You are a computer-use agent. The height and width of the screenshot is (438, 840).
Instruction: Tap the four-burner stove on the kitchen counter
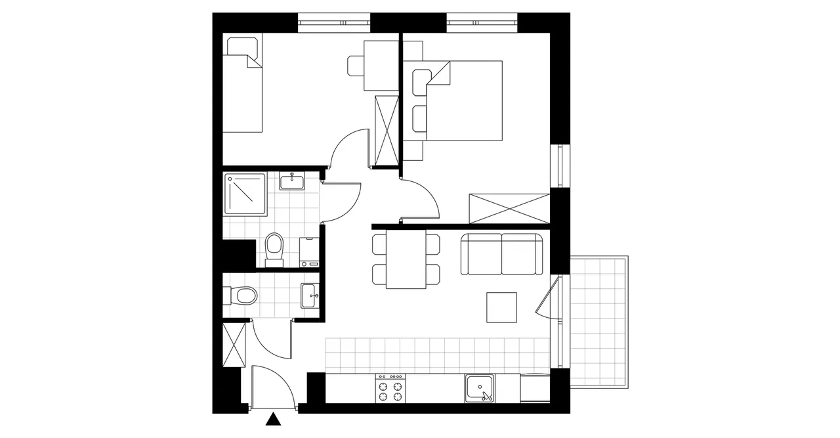point(390,388)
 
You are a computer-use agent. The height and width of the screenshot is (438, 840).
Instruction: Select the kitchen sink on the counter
point(482,388)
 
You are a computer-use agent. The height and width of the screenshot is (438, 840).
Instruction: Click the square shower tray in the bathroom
point(245,194)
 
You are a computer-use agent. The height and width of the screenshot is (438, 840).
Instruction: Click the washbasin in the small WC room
point(310,296)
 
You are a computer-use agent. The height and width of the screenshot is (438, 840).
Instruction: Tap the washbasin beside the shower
point(291,181)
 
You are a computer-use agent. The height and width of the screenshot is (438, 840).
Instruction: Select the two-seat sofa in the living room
point(502,253)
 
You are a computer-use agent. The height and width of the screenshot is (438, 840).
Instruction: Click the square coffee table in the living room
point(503,307)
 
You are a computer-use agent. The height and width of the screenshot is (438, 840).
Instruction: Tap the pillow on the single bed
point(242,47)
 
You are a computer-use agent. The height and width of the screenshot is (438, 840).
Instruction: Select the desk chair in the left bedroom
point(356,66)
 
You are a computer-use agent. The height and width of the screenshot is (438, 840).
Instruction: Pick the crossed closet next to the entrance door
point(233,345)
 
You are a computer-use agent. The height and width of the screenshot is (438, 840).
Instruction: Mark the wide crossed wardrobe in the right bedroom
point(508,209)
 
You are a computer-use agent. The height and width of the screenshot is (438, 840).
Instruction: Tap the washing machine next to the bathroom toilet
point(308,252)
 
